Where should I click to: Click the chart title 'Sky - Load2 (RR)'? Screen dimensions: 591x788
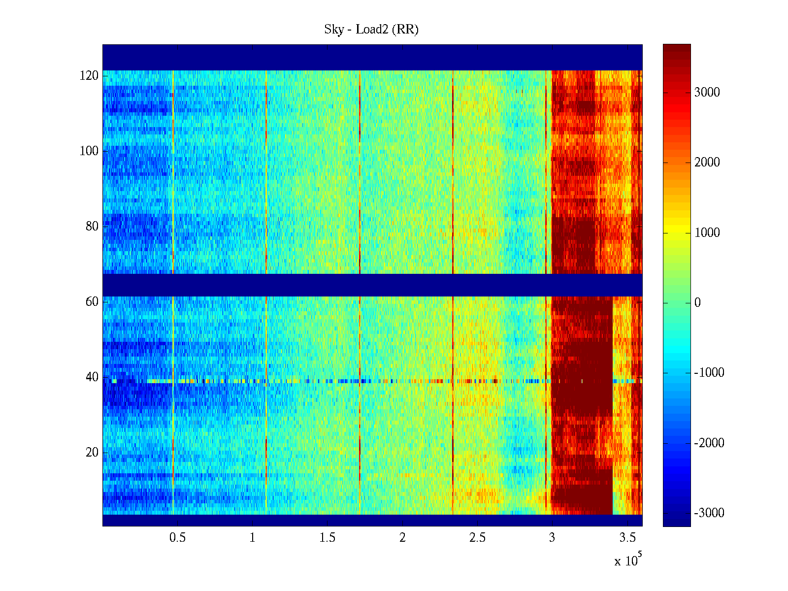click(x=371, y=30)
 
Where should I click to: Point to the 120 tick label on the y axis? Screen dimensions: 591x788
click(x=89, y=76)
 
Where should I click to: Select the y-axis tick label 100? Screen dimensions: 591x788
click(x=89, y=151)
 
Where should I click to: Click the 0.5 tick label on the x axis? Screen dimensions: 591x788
click(x=177, y=538)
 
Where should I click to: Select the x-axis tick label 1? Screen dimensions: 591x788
click(x=252, y=538)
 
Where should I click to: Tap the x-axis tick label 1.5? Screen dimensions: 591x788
click(x=328, y=538)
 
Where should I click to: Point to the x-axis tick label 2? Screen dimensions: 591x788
click(x=402, y=538)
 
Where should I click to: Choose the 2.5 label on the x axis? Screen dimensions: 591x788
click(x=477, y=538)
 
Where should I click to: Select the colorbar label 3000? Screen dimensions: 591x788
click(x=707, y=93)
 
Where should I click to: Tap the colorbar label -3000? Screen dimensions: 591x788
click(x=709, y=513)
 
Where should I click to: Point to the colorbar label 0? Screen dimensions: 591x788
click(x=697, y=303)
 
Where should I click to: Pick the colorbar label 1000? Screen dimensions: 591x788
click(x=707, y=233)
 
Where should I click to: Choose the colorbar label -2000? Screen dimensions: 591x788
click(x=709, y=443)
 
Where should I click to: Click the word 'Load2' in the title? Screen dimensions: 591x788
click(x=372, y=30)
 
